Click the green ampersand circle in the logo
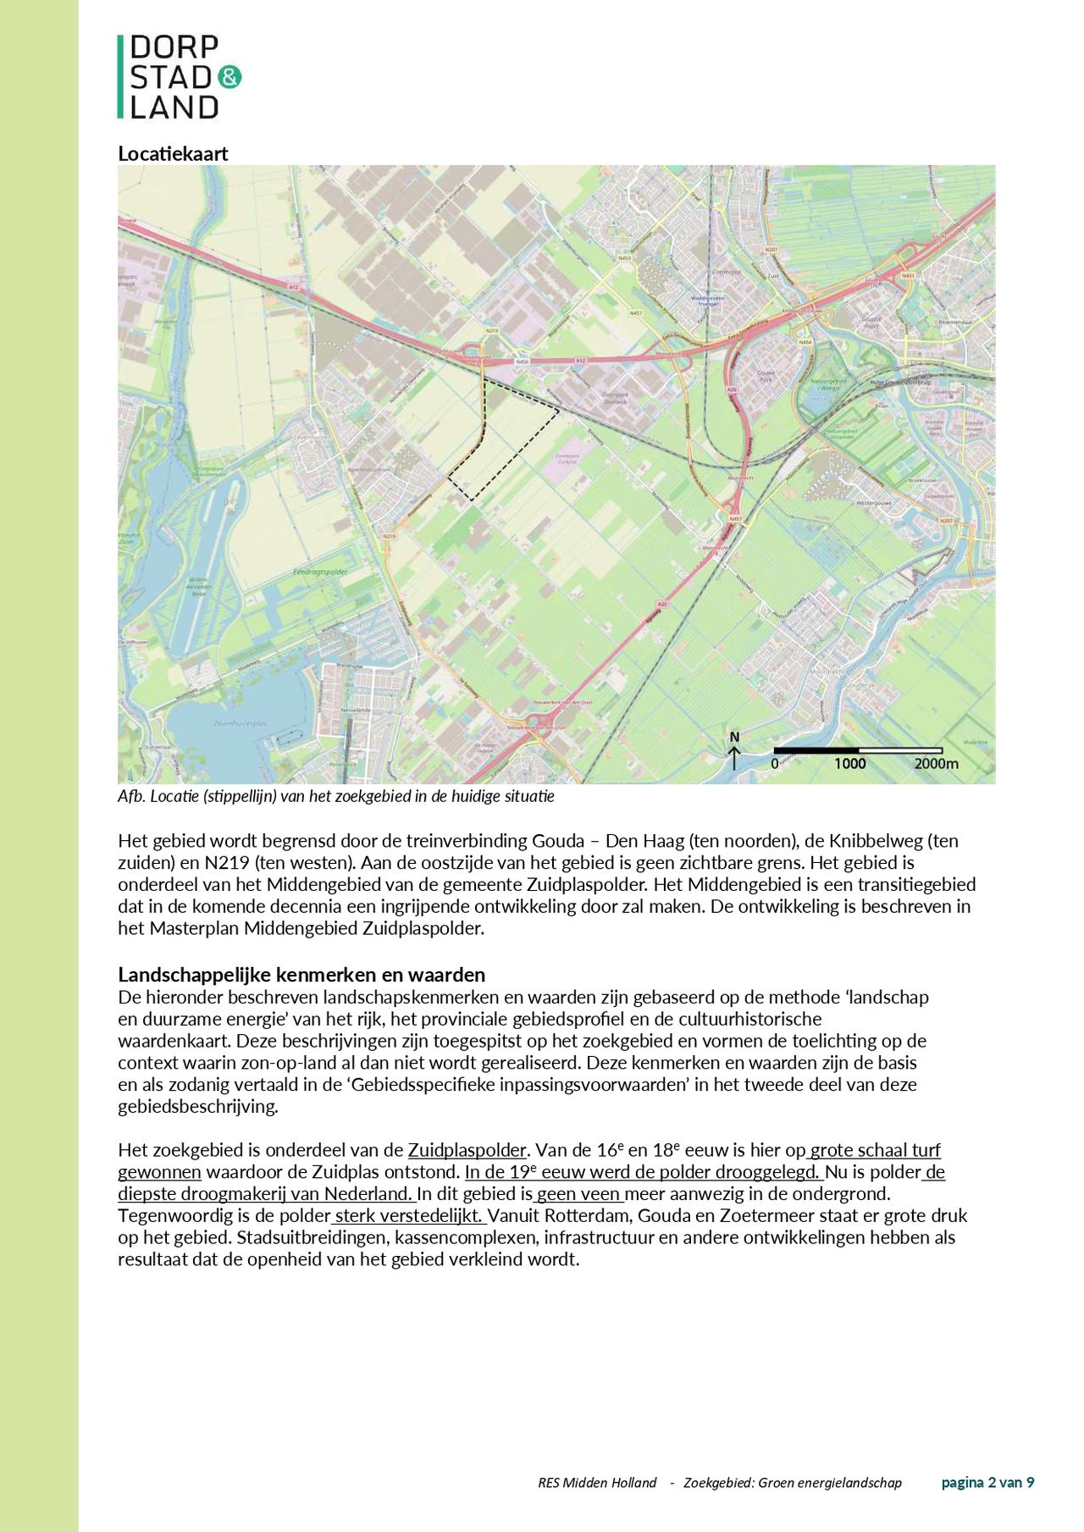(x=230, y=77)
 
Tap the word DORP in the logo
(x=174, y=47)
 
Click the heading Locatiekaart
(x=173, y=153)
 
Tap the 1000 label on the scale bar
(x=849, y=764)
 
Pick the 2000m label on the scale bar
(x=936, y=764)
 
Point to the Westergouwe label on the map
(x=875, y=502)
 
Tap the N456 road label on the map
(x=522, y=362)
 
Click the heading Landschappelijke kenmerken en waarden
(x=301, y=974)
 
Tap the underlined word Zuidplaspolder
(x=467, y=1150)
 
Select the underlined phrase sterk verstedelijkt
(x=409, y=1216)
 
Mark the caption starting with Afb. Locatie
(x=335, y=797)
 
